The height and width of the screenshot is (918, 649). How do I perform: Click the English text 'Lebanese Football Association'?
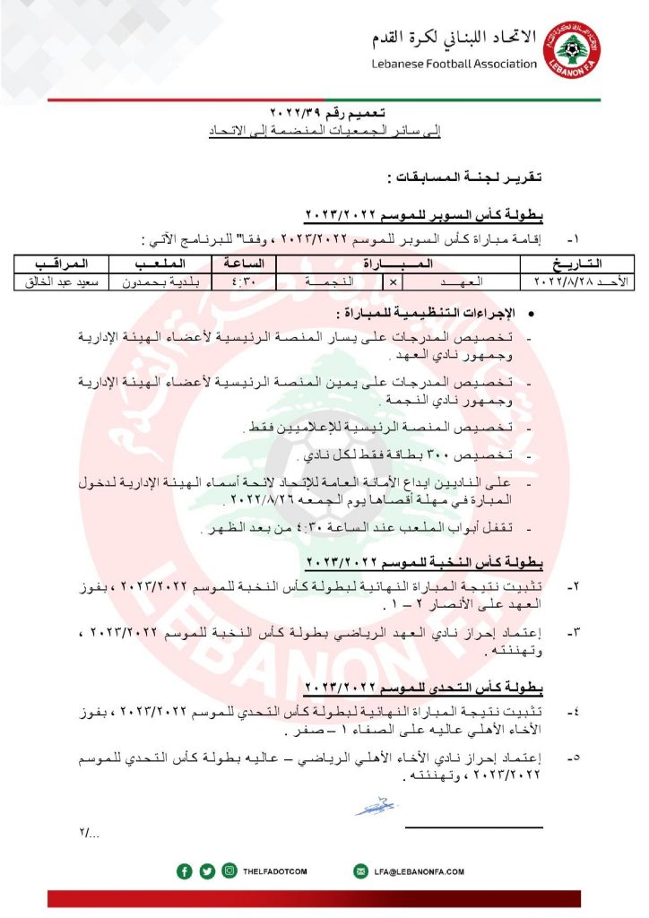pos(454,64)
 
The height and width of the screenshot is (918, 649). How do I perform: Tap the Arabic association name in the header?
pos(454,38)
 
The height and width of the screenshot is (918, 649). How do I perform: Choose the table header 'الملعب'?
pos(159,264)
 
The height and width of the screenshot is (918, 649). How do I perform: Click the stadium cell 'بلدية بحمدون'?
pos(159,281)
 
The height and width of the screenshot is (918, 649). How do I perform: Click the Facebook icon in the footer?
pos(185,870)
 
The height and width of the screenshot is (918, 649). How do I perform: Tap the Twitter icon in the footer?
pos(207,870)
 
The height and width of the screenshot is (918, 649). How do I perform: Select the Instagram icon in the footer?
pos(229,870)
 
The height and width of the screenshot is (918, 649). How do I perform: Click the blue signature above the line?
pos(374,805)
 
